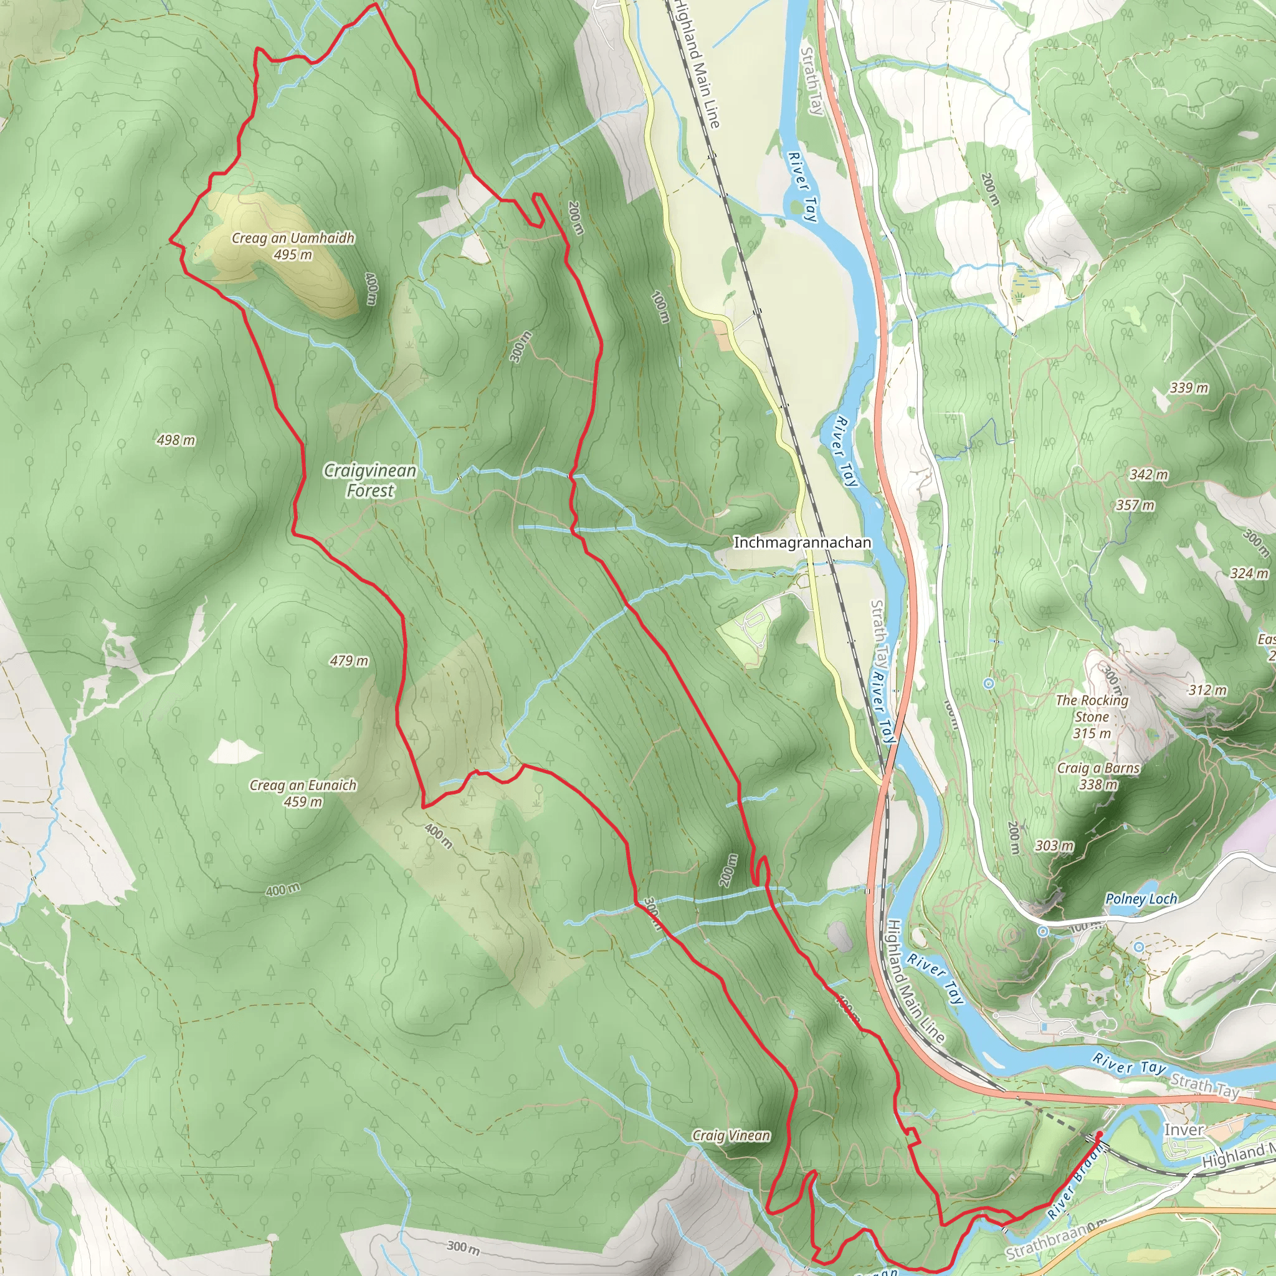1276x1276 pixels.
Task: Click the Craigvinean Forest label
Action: point(370,480)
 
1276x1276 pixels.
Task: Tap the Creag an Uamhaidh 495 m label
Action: point(293,245)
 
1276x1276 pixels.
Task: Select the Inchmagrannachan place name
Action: point(802,542)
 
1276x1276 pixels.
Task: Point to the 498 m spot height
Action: point(176,440)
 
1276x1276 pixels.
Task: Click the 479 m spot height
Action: point(349,660)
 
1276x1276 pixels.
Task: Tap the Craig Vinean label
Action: point(730,1135)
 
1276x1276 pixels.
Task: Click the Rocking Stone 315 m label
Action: point(1092,717)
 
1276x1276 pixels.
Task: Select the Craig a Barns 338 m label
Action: point(1098,776)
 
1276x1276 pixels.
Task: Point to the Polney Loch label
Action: point(1141,899)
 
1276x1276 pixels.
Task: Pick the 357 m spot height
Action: point(1135,505)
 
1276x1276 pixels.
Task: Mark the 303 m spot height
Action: point(1054,845)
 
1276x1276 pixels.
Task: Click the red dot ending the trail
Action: point(1099,1135)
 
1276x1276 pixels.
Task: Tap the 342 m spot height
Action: point(1148,474)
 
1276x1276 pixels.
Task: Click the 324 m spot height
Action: point(1249,573)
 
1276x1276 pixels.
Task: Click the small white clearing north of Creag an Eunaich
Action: point(234,751)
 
